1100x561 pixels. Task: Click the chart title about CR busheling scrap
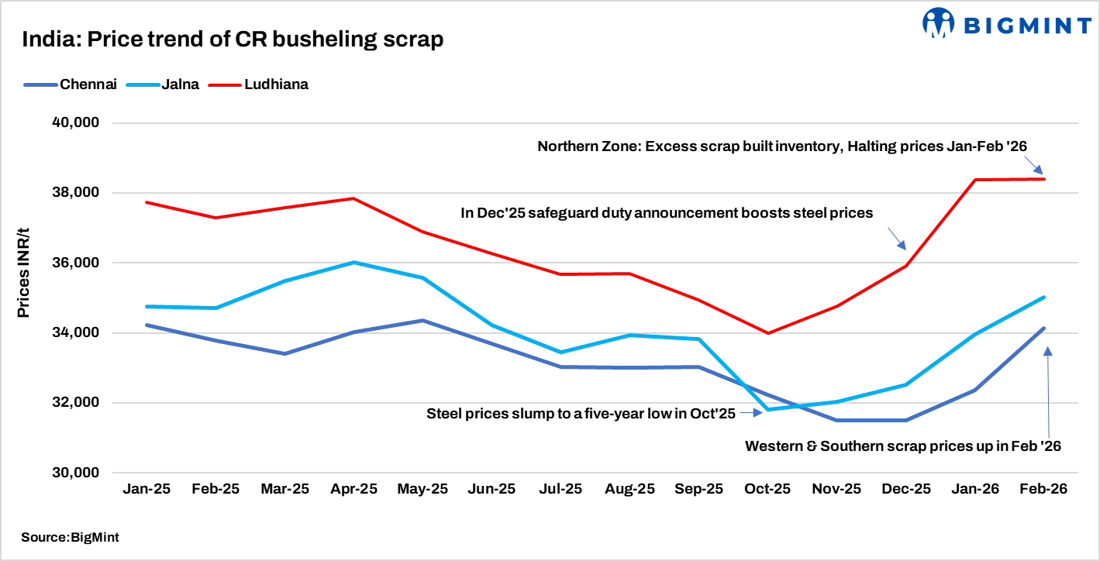pyautogui.click(x=233, y=40)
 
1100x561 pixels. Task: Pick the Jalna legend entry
pyautogui.click(x=181, y=84)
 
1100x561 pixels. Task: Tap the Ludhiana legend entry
pyautogui.click(x=276, y=84)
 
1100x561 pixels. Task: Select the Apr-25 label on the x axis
pyautogui.click(x=353, y=490)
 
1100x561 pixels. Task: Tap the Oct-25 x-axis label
pyautogui.click(x=767, y=490)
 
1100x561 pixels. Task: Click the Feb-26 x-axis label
pyautogui.click(x=1043, y=490)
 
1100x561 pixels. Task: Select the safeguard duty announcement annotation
pyautogui.click(x=666, y=212)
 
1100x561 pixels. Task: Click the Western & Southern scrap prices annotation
pyautogui.click(x=902, y=446)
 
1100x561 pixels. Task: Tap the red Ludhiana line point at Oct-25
pyautogui.click(x=767, y=333)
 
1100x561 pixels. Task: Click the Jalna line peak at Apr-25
pyautogui.click(x=353, y=263)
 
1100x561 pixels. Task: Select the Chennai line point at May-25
pyautogui.click(x=422, y=320)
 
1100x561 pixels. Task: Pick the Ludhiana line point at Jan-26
pyautogui.click(x=974, y=180)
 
